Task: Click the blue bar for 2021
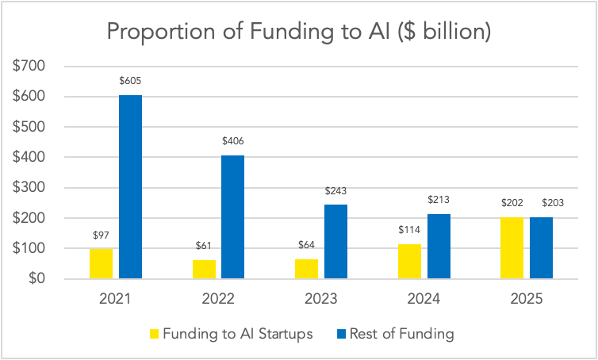pos(130,187)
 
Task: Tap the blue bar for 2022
pos(232,217)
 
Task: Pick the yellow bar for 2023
pos(306,270)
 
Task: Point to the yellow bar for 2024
pos(409,262)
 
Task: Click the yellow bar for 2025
pos(512,248)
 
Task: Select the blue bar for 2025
pos(542,248)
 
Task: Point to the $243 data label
pos(335,191)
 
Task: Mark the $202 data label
pos(512,204)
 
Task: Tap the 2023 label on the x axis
pos(320,300)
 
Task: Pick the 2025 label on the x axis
pos(527,300)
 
